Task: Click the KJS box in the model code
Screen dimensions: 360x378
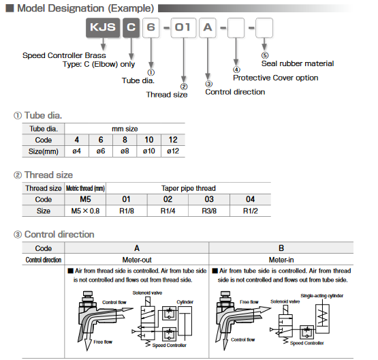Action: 101,30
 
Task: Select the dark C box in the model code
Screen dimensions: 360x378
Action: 131,30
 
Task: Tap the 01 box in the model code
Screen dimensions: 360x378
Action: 182,30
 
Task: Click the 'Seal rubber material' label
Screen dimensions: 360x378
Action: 298,63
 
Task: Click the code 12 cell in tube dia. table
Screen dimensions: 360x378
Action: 172,140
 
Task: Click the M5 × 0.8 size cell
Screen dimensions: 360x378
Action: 85,211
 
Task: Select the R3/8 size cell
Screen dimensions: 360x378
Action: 210,211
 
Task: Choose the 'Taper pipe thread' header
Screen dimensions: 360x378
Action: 188,187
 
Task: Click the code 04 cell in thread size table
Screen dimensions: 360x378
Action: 251,199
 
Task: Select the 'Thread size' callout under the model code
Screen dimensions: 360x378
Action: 167,94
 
